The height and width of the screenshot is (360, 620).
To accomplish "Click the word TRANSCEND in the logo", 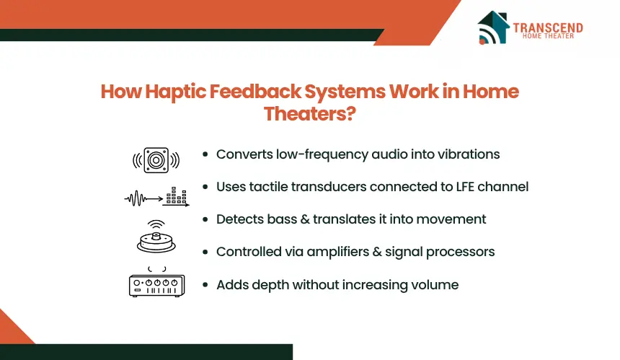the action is (548, 27).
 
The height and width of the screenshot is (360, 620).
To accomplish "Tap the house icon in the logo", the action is (493, 27).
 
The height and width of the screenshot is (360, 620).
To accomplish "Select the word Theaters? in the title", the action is (309, 113).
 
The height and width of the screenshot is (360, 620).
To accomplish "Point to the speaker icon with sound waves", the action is (156, 160).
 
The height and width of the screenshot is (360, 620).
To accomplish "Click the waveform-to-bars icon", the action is (157, 197).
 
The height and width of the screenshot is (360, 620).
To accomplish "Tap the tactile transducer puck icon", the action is (156, 237).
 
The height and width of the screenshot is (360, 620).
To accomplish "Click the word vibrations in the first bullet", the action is (469, 154).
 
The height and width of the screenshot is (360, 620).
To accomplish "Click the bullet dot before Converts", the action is (205, 154).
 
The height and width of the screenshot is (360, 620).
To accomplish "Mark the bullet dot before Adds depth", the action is (205, 285).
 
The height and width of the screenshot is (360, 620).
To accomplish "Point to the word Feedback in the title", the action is (255, 92).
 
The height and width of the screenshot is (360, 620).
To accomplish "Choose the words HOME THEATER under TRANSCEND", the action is (548, 36).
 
